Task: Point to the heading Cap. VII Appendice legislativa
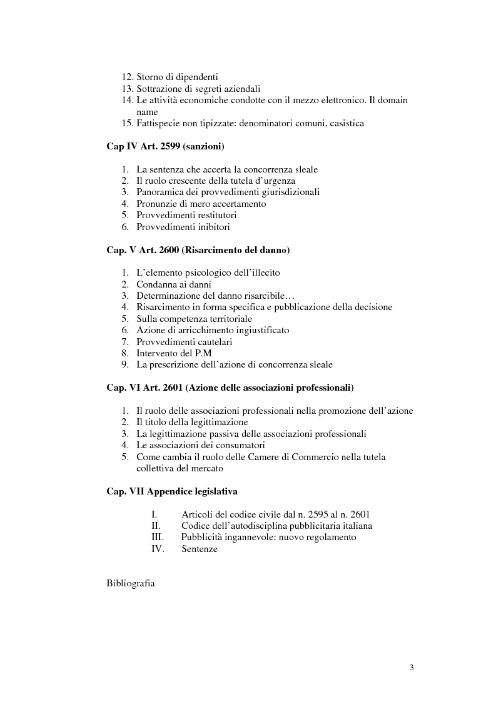tap(171, 491)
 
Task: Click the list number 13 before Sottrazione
tap(127, 89)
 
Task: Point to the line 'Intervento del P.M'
tap(175, 353)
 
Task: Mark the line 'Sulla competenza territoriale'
tap(195, 319)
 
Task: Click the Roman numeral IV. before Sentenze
tap(157, 549)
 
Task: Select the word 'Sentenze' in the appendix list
tap(200, 549)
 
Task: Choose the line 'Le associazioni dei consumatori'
tap(201, 445)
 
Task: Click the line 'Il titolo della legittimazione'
tap(192, 422)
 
